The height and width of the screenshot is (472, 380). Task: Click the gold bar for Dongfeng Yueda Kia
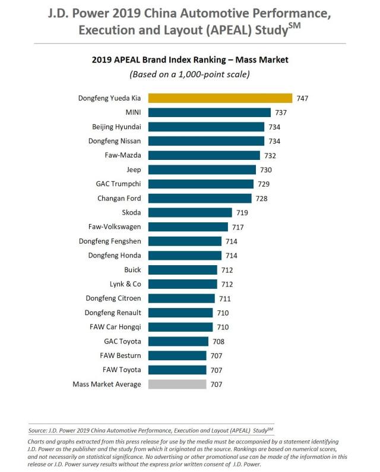coord(220,98)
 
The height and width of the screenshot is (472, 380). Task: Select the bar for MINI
coord(210,112)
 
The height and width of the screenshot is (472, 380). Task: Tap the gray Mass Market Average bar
coord(178,384)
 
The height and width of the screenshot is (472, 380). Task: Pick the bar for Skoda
coord(190,212)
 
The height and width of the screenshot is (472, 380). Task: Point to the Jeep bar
coord(202,169)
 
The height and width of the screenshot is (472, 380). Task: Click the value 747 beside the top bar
coord(303,98)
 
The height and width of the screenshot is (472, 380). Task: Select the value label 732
coord(270,155)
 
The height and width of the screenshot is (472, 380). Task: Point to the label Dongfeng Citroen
coord(110,298)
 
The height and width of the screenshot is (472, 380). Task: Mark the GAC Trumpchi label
coord(118,184)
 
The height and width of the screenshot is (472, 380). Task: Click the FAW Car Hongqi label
coord(115,327)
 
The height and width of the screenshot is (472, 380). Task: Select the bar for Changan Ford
coord(200,198)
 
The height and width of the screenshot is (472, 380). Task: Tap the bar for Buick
coord(182,269)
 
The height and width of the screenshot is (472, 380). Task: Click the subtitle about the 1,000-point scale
coord(189,74)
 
